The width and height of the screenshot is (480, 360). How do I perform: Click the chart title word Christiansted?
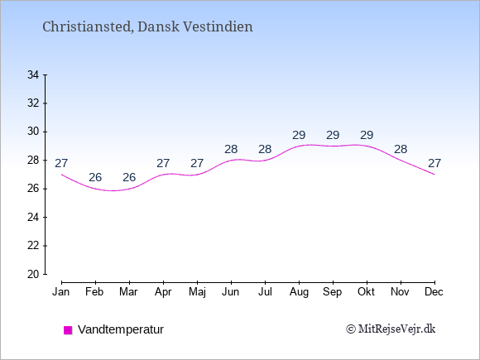pos(88,26)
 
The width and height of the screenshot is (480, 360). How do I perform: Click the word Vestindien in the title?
pos(218,26)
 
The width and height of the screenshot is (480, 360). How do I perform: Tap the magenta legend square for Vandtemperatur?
pos(68,330)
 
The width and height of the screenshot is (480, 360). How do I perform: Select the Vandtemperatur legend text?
pos(121,329)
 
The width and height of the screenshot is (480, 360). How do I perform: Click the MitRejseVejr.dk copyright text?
pos(391,329)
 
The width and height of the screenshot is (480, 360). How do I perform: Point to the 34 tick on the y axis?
pos(33,74)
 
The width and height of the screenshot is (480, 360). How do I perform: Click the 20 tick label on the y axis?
pos(33,274)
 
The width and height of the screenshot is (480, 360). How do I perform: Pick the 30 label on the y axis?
pos(33,132)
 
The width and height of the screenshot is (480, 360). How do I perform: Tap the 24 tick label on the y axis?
pos(33,218)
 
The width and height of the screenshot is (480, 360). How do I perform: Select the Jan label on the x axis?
pos(61,292)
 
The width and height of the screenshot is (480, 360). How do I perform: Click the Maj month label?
pos(197,292)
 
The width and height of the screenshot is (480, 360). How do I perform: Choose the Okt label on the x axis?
pos(366,292)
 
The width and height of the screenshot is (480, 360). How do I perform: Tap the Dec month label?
pos(434,292)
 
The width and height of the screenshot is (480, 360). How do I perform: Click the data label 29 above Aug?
pos(299,135)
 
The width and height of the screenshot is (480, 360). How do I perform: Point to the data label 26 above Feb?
pos(95,177)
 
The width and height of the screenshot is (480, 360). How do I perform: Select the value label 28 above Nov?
pos(401,150)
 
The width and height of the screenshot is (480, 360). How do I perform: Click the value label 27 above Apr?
pos(163,164)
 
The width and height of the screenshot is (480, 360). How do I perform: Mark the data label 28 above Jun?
pos(231,150)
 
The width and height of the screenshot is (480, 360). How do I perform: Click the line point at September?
pos(333,146)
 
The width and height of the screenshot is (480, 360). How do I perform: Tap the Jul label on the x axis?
pos(265,292)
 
